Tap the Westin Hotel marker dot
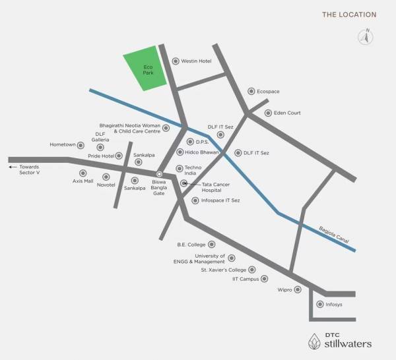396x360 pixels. click(x=176, y=61)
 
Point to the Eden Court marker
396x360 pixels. click(x=268, y=113)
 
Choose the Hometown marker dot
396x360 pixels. click(x=81, y=145)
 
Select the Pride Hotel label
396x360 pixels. click(x=100, y=156)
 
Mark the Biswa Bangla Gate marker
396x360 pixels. click(x=159, y=173)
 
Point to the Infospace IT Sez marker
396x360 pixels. click(x=195, y=200)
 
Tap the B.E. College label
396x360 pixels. click(x=191, y=245)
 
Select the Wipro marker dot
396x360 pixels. click(x=298, y=289)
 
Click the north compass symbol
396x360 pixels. click(x=364, y=37)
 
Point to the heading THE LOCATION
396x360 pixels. click(x=349, y=14)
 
